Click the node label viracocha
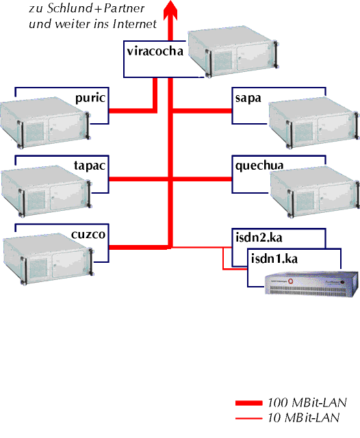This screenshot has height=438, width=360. click(155, 51)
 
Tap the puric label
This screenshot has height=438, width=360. click(90, 99)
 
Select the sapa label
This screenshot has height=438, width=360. click(248, 99)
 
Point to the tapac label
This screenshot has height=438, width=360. click(90, 166)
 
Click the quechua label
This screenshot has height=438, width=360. click(259, 166)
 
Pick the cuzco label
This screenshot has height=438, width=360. click(88, 234)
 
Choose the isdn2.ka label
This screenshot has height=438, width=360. click(259, 237)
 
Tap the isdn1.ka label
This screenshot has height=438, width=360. click(274, 259)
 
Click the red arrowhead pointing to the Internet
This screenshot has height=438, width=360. click(170, 9)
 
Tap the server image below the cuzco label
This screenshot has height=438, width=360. click(48, 259)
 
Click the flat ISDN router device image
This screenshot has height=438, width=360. click(311, 283)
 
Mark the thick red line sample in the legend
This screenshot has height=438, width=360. click(249, 403)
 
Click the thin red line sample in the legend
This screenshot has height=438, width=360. click(249, 418)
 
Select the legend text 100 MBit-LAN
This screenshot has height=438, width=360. click(307, 402)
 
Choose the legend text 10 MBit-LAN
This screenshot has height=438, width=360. click(304, 418)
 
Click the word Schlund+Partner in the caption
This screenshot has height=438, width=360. click(96, 8)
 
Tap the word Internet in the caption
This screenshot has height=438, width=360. click(135, 24)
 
